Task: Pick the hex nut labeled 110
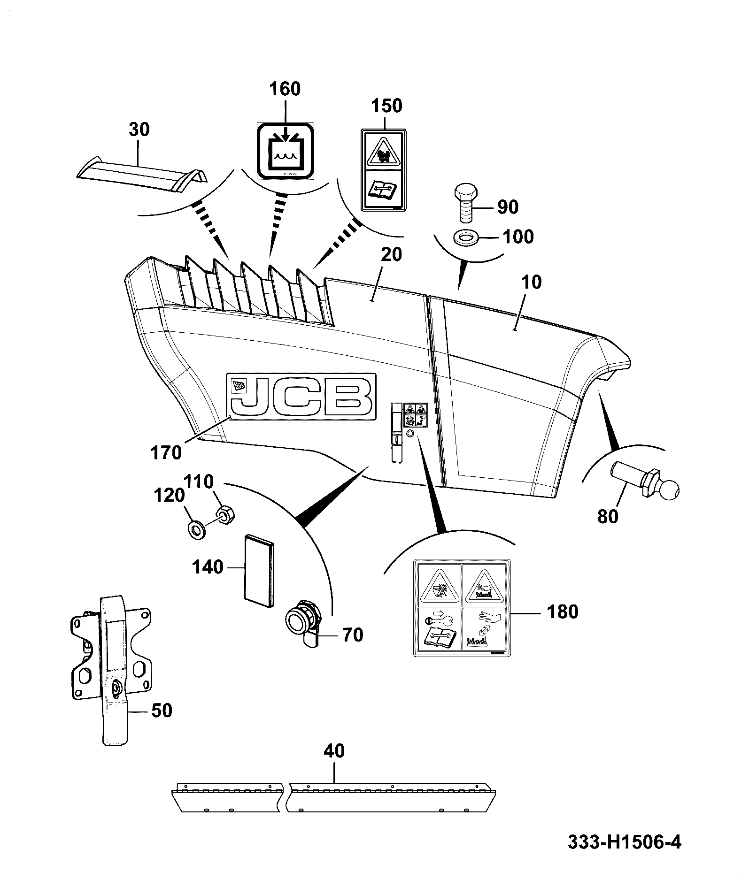coord(226,514)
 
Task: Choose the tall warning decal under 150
coord(384,169)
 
